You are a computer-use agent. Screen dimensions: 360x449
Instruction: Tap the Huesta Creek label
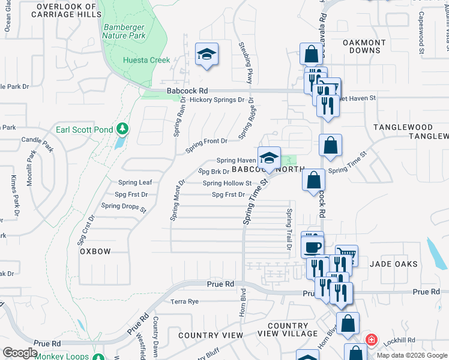146,60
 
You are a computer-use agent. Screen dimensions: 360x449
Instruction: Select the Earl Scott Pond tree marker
122,128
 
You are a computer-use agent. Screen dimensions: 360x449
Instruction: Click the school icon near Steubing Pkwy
206,55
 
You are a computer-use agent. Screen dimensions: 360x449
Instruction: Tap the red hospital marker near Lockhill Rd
371,340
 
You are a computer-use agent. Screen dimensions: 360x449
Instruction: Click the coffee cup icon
312,246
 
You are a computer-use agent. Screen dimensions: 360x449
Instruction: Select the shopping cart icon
346,256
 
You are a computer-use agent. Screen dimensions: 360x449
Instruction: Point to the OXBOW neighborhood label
95,252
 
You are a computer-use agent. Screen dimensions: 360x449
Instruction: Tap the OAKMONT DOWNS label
364,47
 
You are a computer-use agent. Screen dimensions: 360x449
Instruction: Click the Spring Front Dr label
206,142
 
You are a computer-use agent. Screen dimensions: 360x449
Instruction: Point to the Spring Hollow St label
227,184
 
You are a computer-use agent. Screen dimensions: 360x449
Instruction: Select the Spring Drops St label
124,207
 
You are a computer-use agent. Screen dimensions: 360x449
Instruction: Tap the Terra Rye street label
184,302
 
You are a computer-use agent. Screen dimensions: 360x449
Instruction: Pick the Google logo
20,353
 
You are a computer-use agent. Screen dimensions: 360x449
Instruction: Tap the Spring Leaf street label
135,182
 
